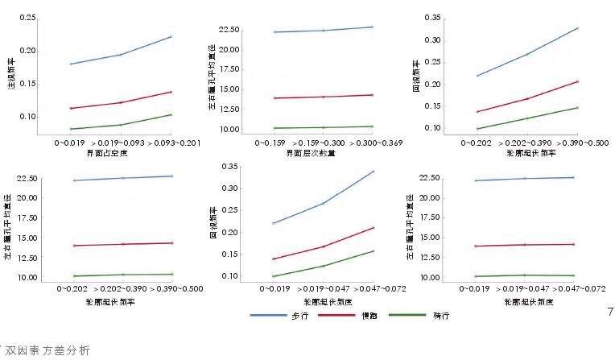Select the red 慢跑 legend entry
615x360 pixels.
click(369, 315)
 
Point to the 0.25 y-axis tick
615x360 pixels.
click(27, 18)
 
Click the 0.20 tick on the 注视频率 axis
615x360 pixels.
click(27, 51)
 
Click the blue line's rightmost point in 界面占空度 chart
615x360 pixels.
click(171, 36)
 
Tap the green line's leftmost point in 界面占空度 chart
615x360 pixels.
click(70, 129)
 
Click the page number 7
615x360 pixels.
click(609, 310)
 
